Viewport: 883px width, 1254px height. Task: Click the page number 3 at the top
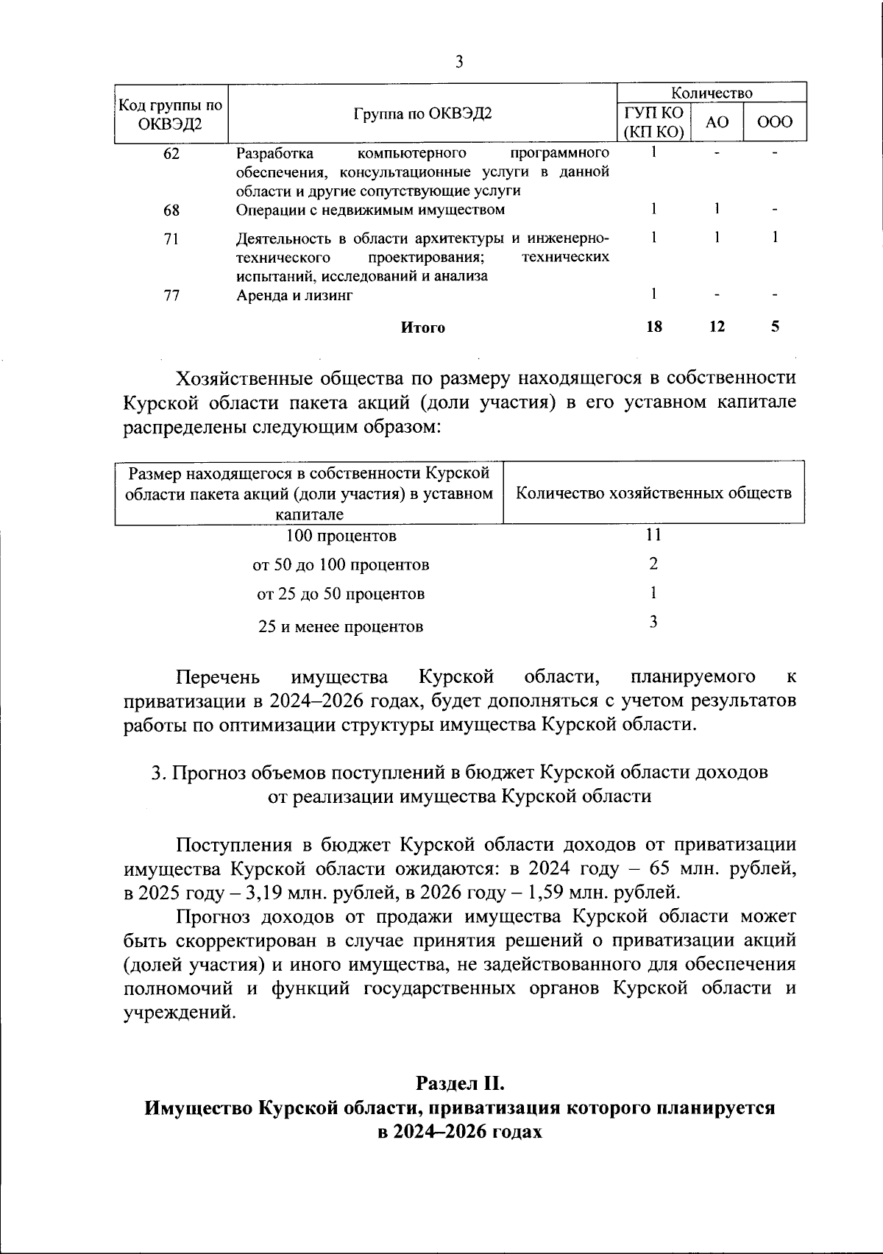coord(459,62)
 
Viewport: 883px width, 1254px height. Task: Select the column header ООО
coord(775,122)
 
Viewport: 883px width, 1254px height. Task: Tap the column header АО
coord(716,122)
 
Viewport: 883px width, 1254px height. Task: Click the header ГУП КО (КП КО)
coord(653,122)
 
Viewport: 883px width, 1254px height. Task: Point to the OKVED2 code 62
coord(171,154)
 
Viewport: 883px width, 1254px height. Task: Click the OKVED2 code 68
coord(171,210)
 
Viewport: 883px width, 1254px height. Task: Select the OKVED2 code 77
coord(171,296)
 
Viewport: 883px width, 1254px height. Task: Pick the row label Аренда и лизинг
coord(294,296)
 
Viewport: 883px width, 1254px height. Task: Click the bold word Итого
coord(422,328)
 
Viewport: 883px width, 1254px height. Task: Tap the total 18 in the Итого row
coord(653,327)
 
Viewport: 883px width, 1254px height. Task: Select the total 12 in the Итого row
coord(717,327)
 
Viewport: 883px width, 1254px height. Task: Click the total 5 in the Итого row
coord(776,327)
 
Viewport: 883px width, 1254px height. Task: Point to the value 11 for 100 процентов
coord(653,535)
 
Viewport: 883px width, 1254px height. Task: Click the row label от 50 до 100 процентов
coord(341,565)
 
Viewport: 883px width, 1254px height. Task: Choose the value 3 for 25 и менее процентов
coord(653,623)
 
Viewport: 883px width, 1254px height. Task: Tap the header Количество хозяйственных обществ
coord(653,493)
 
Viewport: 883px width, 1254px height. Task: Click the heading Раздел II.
coord(460,1083)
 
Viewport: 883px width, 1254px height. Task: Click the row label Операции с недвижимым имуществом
coord(370,210)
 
